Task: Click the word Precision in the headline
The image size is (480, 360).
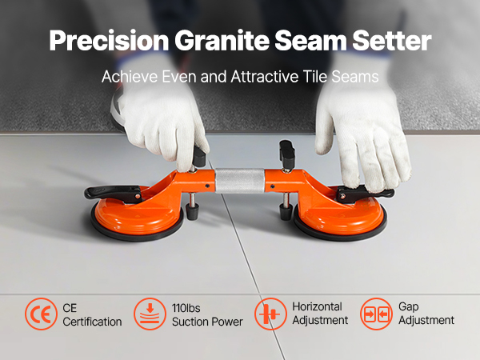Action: pos(109,41)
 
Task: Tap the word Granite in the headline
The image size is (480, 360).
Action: pos(222,40)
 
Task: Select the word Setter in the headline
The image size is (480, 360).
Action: pos(391,40)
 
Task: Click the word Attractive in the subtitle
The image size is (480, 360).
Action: pos(265,77)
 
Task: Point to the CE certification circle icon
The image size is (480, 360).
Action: pos(41,314)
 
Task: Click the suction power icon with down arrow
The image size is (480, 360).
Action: pos(150,314)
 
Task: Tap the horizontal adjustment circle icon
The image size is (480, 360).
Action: pos(270,314)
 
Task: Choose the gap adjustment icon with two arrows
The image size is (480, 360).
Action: pos(376,314)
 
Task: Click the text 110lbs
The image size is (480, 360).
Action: pos(186,308)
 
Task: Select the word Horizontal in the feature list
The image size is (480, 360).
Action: pos(317,306)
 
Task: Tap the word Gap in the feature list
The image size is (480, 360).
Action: pos(408,306)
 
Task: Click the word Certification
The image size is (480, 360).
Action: pos(92,322)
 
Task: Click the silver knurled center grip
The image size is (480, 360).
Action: pos(240,181)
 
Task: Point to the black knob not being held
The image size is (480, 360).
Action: pos(287,154)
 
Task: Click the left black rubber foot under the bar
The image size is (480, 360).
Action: pos(192,211)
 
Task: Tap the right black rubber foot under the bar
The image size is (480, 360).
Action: pos(286,211)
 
